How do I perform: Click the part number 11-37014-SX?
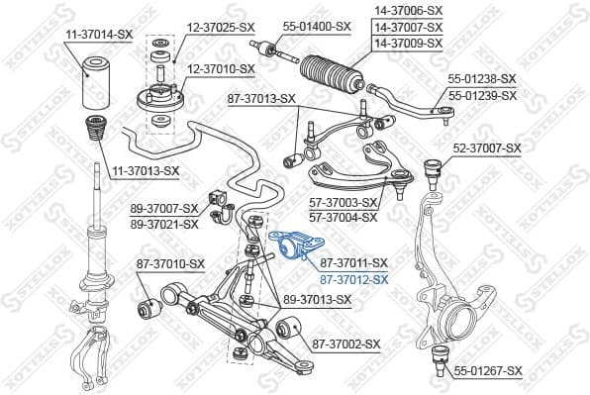(99, 34)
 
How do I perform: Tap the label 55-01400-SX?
(317, 26)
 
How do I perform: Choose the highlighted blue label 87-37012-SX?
(353, 279)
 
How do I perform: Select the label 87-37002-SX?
(346, 344)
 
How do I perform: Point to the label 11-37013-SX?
(146, 170)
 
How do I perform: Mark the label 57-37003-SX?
(344, 202)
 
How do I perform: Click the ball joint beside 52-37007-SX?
(433, 168)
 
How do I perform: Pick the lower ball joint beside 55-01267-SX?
(435, 358)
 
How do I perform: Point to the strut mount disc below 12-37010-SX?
(157, 105)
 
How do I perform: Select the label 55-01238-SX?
(482, 77)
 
